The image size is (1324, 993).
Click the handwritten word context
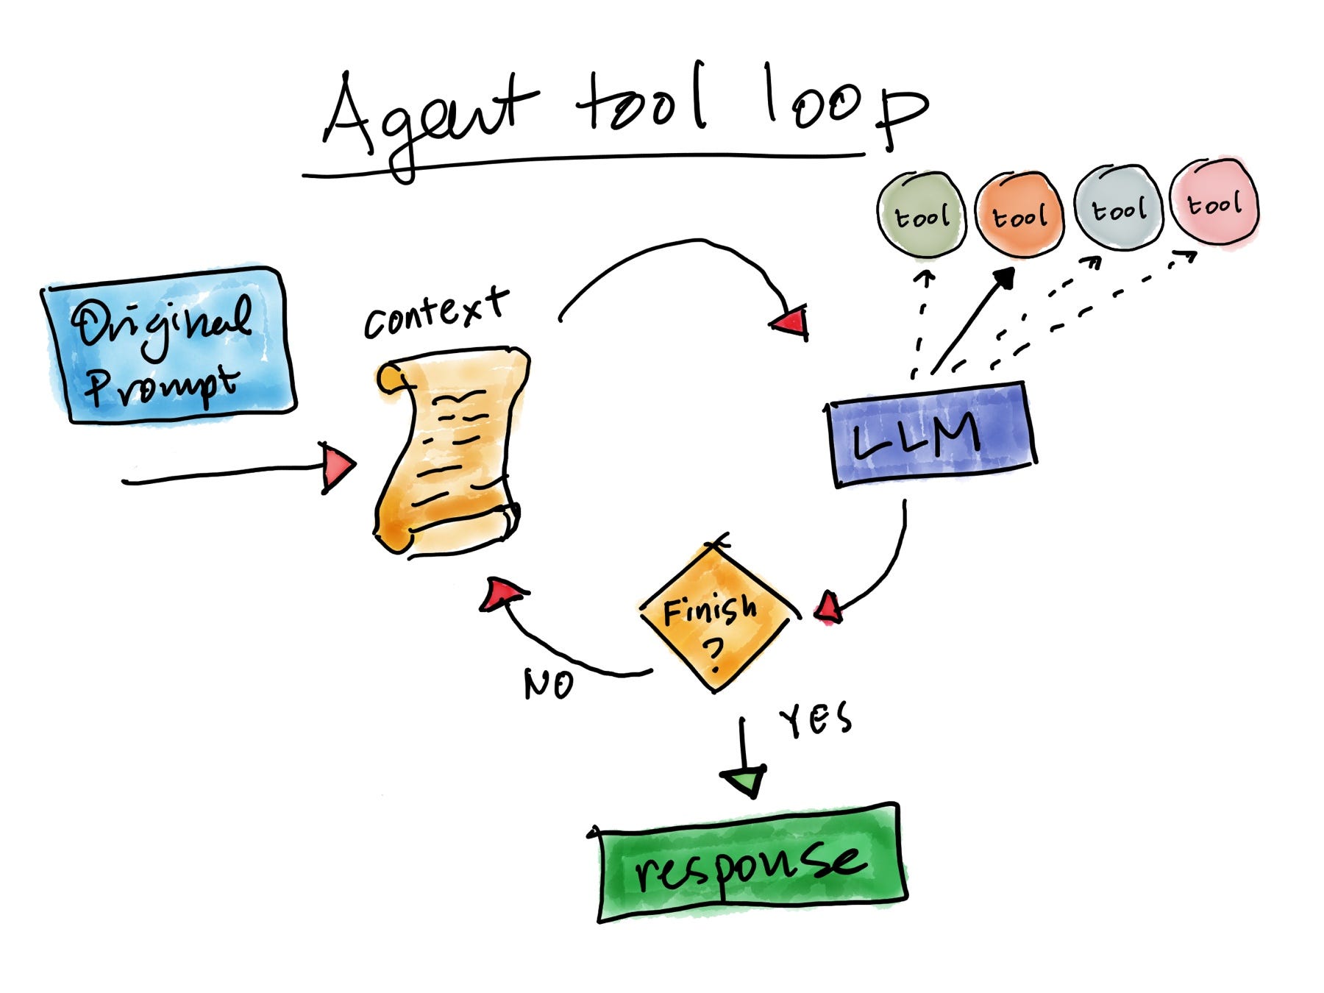click(436, 313)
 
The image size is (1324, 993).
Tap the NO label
click(549, 684)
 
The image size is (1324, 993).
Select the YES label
click(815, 719)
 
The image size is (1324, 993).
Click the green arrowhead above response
click(744, 781)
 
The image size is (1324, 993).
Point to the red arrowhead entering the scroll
click(337, 466)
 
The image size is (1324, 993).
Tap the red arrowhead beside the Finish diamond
click(829, 608)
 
